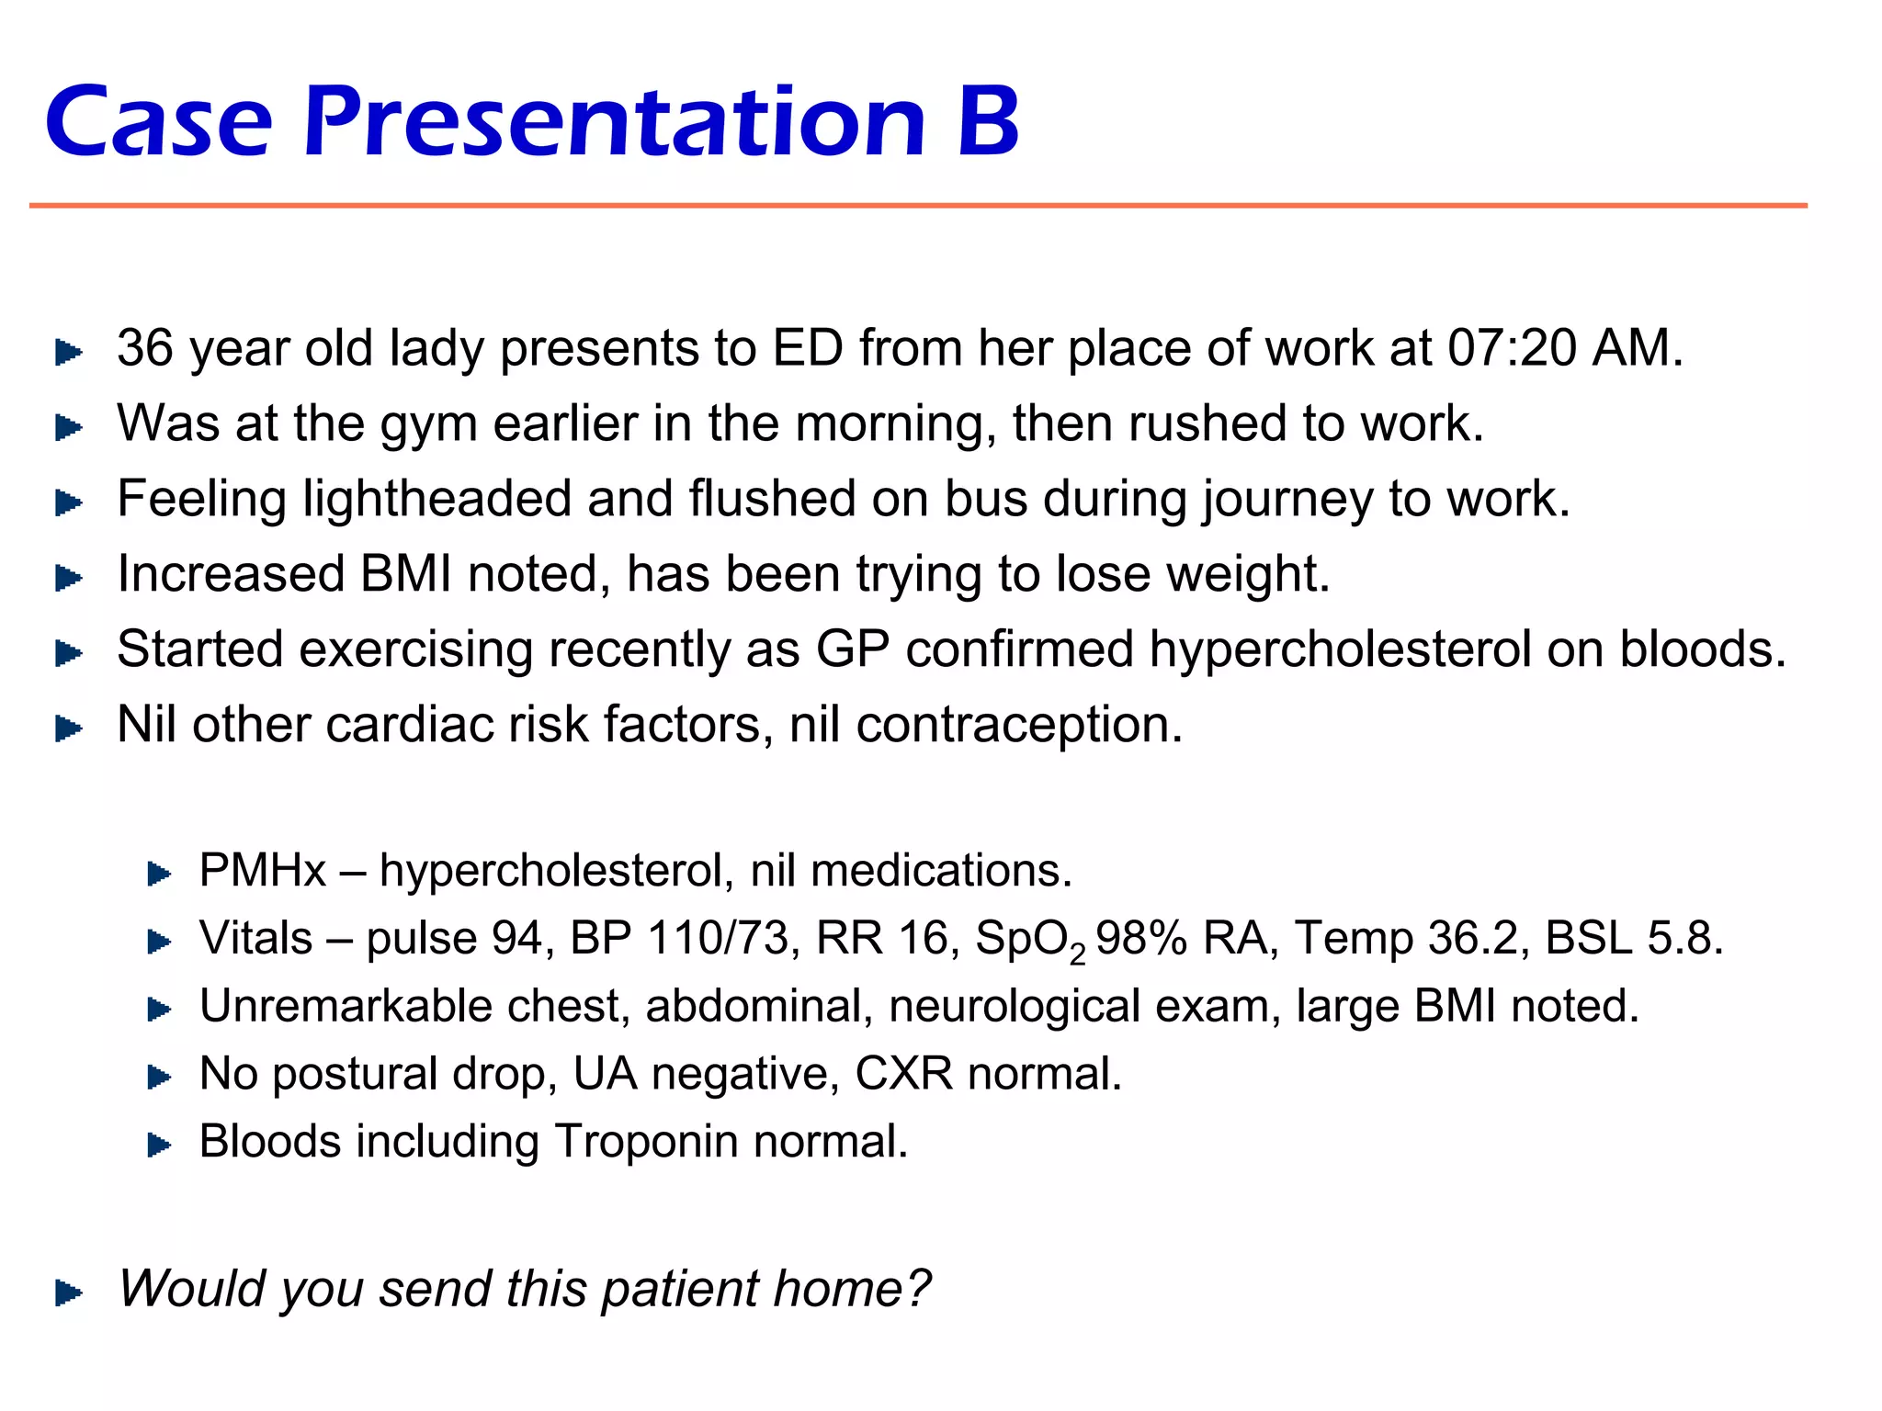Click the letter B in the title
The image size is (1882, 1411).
pyautogui.click(x=988, y=122)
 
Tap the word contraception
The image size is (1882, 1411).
pyautogui.click(x=1019, y=726)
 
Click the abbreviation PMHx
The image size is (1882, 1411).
pyautogui.click(x=263, y=871)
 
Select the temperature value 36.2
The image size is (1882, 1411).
pyautogui.click(x=1479, y=939)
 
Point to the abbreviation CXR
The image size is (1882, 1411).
pyautogui.click(x=903, y=1074)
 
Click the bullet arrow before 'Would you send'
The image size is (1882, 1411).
pyautogui.click(x=69, y=1293)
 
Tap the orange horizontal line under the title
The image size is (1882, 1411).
pyautogui.click(x=919, y=206)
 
